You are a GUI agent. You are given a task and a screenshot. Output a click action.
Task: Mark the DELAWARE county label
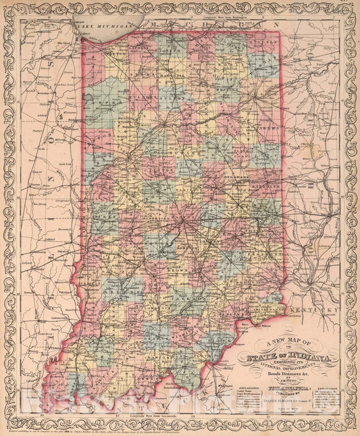(x=238, y=177)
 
